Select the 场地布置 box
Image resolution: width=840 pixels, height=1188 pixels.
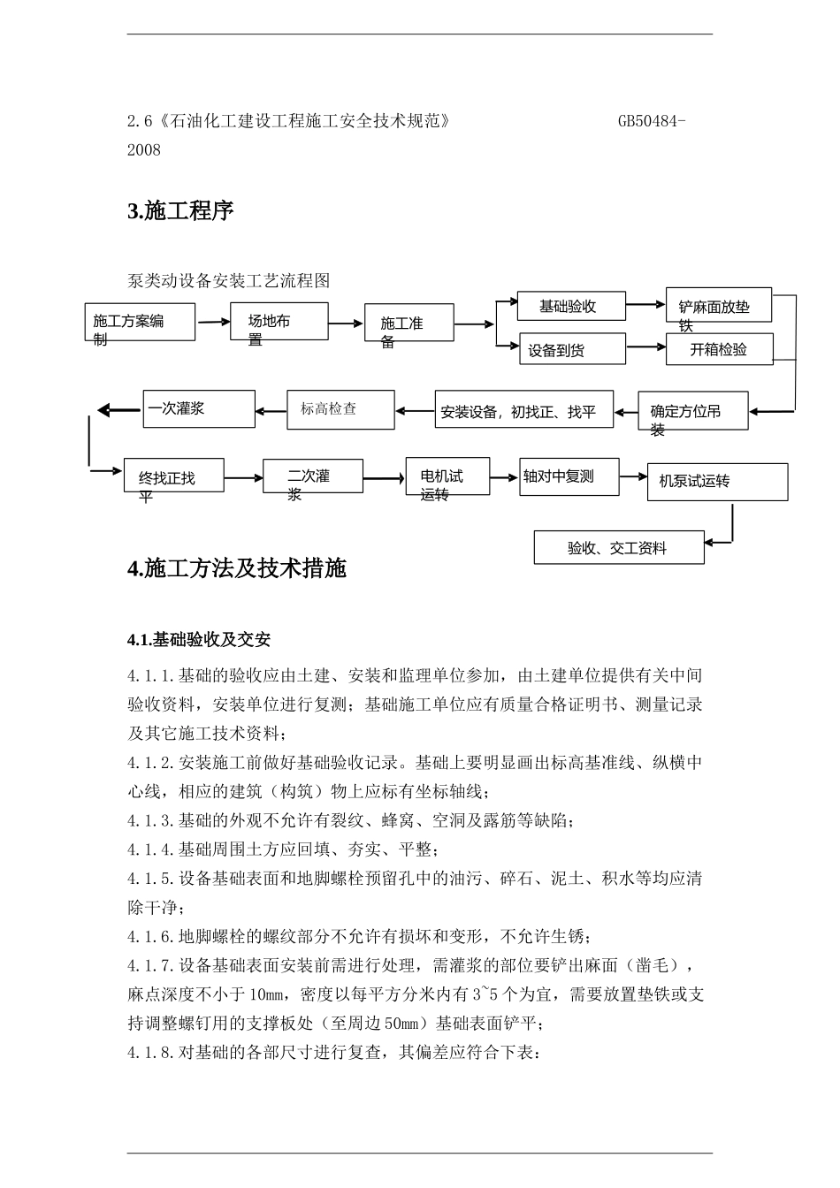279,322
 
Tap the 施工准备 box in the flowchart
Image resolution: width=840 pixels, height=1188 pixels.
409,323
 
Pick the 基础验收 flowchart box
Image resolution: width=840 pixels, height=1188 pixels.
570,306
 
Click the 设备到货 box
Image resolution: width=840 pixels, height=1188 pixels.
572,349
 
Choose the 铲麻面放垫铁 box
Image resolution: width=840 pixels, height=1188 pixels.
718,306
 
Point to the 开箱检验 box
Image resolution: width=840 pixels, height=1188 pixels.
720,349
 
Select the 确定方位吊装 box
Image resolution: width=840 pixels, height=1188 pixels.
692,411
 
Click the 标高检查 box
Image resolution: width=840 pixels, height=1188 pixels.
340,409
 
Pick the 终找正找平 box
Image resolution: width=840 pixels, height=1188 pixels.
174,478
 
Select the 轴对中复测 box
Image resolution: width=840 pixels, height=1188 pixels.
569,476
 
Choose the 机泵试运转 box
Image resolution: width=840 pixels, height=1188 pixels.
717,482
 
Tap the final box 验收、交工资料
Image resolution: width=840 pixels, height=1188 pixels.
619,547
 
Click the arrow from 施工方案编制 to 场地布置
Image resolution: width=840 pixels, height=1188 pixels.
213,322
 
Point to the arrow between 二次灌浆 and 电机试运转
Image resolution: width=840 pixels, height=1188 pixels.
383,478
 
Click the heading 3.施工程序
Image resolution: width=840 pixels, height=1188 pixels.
181,211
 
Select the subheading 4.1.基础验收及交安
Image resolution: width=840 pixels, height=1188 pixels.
199,639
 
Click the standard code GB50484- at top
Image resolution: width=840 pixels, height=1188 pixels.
652,121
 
